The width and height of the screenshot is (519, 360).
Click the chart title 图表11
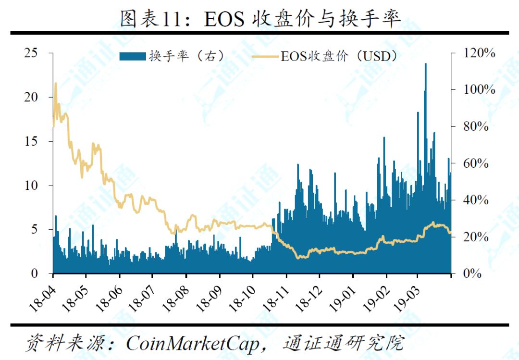tap(151, 19)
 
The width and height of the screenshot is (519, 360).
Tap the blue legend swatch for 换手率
tap(133, 56)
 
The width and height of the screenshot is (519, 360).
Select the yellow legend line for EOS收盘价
tap(265, 56)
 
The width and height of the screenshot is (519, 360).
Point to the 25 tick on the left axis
tap(31, 53)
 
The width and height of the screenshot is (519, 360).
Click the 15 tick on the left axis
tap(31, 141)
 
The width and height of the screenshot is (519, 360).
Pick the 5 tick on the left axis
tap(35, 229)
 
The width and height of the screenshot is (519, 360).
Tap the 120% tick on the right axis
tap(479, 53)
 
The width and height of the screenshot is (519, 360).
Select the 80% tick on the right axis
tap(476, 126)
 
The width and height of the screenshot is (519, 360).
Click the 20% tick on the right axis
tap(476, 237)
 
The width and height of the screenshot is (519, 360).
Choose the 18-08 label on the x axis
tap(176, 299)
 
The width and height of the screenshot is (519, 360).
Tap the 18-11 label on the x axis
tap(276, 299)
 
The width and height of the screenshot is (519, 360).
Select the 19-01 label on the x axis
tap(343, 299)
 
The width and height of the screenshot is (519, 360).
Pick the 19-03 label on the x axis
tap(407, 299)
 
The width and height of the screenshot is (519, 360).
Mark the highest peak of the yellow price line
tap(56, 84)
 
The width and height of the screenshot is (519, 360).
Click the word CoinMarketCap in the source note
tap(193, 344)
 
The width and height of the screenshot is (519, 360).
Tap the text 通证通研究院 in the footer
tap(344, 343)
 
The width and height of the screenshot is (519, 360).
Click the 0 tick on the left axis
tap(35, 273)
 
